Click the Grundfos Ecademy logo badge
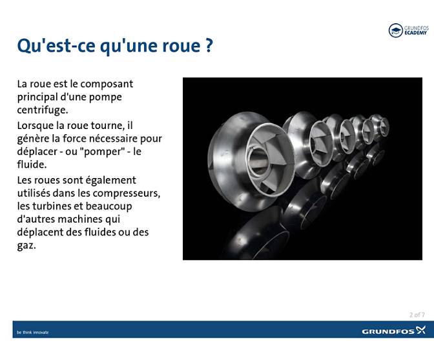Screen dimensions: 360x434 [408, 30]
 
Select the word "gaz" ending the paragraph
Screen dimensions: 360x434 [26, 246]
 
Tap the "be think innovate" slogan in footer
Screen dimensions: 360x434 [32, 332]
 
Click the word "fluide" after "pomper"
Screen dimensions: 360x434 [31, 165]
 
